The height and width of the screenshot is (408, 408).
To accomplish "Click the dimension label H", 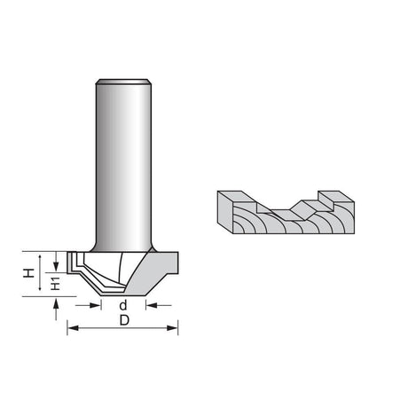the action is click(x=28, y=273).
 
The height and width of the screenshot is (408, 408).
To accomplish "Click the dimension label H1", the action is click(x=55, y=284).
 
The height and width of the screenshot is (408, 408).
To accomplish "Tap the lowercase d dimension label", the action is click(x=123, y=305).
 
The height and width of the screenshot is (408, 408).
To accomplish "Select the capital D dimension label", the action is click(x=124, y=320).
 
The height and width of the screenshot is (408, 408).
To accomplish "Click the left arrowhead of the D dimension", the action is click(x=73, y=328).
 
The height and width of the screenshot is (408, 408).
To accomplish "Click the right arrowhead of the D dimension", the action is click(x=172, y=328).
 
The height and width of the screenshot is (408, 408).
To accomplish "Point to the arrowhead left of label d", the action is click(x=96, y=305).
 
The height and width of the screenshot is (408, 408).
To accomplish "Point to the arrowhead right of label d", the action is click(x=152, y=305).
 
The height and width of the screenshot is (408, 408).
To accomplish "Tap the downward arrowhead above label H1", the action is click(x=56, y=266).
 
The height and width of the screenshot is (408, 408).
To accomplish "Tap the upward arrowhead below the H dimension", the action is click(x=56, y=302).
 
